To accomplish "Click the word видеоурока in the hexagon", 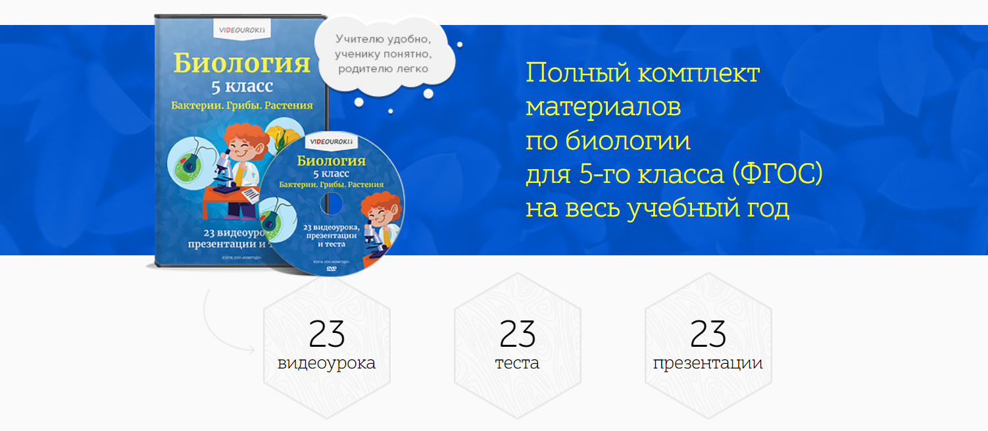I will coord(327,363).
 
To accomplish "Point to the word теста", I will coord(517,363).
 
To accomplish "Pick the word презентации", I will coord(708,364).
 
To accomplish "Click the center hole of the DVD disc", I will coord(332,203).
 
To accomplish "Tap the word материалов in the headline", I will coord(603,107).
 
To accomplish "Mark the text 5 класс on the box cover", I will coord(241,86).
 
